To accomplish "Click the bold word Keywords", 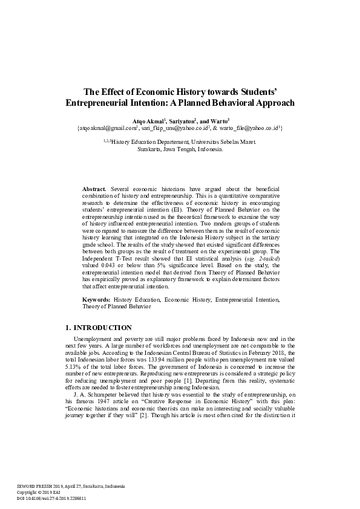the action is pyautogui.click(x=97, y=299).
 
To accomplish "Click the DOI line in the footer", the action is pyautogui.click(x=51, y=499).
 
